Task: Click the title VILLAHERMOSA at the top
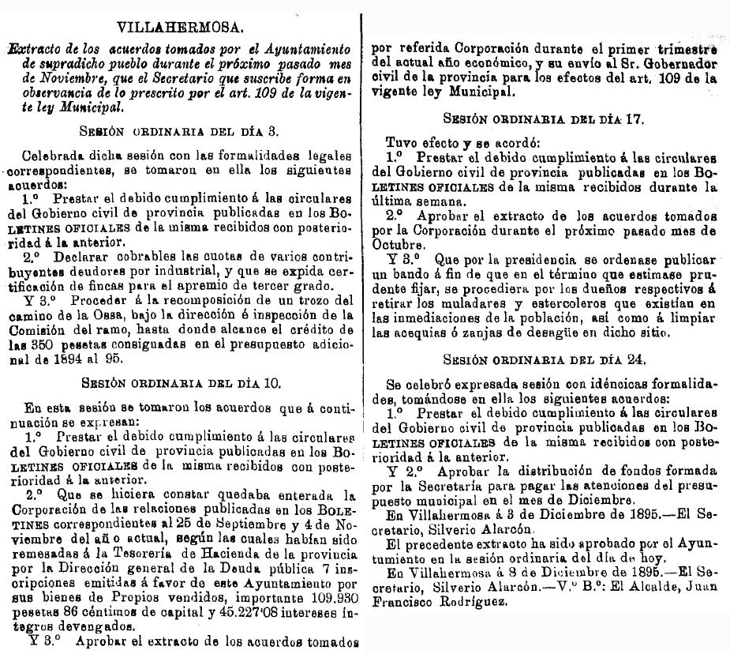coord(180,28)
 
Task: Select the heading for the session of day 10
coord(181,384)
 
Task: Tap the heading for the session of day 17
coord(544,121)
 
